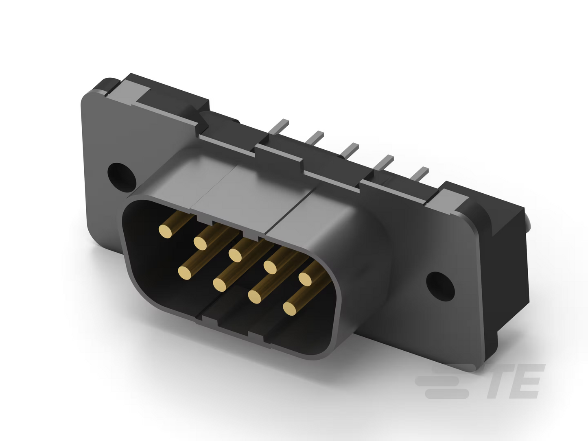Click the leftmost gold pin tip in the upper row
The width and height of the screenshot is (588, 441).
click(165, 231)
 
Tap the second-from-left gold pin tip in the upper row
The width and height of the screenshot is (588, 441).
click(200, 243)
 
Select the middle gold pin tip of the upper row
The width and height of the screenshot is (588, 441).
click(235, 255)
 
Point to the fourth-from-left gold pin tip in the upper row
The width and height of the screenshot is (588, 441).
click(270, 267)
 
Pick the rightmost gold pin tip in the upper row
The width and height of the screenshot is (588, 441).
click(305, 279)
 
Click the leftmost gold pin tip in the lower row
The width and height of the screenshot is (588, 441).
click(185, 273)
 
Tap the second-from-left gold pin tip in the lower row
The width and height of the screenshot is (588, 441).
click(220, 285)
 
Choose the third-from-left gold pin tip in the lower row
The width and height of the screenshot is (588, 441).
click(254, 297)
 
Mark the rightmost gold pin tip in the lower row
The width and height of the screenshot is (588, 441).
click(290, 309)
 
